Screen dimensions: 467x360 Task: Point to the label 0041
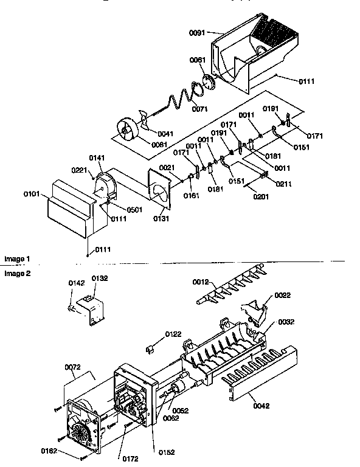tap(165, 133)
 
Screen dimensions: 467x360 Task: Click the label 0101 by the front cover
tap(32, 195)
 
